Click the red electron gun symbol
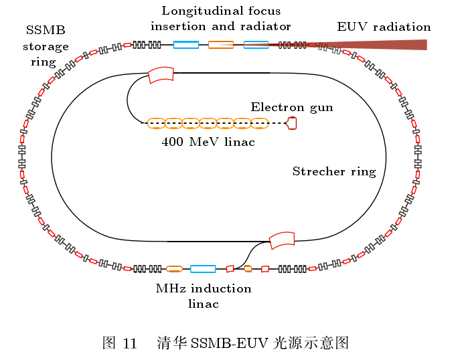[x=292, y=123]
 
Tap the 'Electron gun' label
[x=292, y=108]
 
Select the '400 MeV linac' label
[x=208, y=142]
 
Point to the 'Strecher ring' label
[x=334, y=171]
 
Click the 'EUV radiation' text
[x=384, y=27]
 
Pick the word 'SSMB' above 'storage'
[x=46, y=30]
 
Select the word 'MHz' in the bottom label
[x=171, y=288]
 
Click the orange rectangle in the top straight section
[x=221, y=45]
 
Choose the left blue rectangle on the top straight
[x=186, y=45]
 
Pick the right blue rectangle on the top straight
[x=256, y=45]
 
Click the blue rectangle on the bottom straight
[x=203, y=268]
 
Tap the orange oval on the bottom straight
[x=174, y=268]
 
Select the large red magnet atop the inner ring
[x=161, y=75]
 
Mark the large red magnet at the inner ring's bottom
[x=282, y=240]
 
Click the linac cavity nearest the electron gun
[x=260, y=123]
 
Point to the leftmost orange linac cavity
[x=157, y=123]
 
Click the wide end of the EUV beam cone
[x=427, y=45]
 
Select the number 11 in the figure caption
[x=130, y=343]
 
